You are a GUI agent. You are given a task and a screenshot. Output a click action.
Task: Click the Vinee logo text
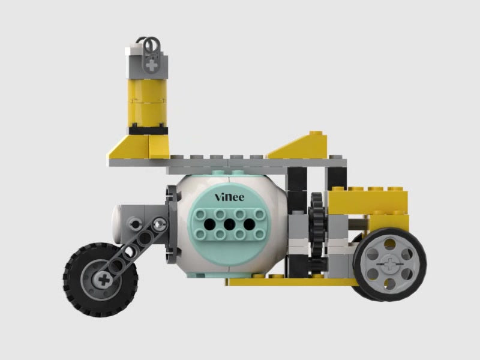[230, 197]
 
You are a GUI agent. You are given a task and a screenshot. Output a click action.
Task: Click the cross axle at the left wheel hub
[104, 280]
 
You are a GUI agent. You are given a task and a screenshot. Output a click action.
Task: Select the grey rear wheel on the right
[389, 264]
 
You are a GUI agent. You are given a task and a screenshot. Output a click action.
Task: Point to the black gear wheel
[318, 231]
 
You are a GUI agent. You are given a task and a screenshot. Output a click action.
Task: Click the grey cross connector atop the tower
[151, 57]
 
